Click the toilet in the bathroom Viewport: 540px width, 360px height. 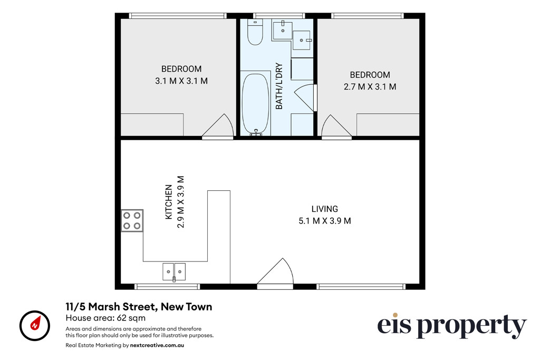255,32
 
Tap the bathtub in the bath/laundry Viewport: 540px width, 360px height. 255,103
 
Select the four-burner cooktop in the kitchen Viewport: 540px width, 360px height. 132,220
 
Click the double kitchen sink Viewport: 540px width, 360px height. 174,272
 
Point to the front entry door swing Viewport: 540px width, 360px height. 275,272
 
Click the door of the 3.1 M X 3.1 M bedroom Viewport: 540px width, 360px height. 218,127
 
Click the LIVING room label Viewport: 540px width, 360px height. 324,209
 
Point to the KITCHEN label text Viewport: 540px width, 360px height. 169,202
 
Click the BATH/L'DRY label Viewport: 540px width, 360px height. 279,86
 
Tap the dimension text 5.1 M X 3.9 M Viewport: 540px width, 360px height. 325,221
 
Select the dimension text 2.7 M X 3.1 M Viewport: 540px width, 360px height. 370,87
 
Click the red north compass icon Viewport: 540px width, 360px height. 35,326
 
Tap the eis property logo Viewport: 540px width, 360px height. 452,326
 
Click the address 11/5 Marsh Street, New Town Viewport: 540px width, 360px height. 139,307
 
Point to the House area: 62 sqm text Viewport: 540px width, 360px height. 105,318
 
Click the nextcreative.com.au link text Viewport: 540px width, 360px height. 157,345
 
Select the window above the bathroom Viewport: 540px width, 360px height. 279,15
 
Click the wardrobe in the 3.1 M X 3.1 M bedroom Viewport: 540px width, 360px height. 152,124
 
